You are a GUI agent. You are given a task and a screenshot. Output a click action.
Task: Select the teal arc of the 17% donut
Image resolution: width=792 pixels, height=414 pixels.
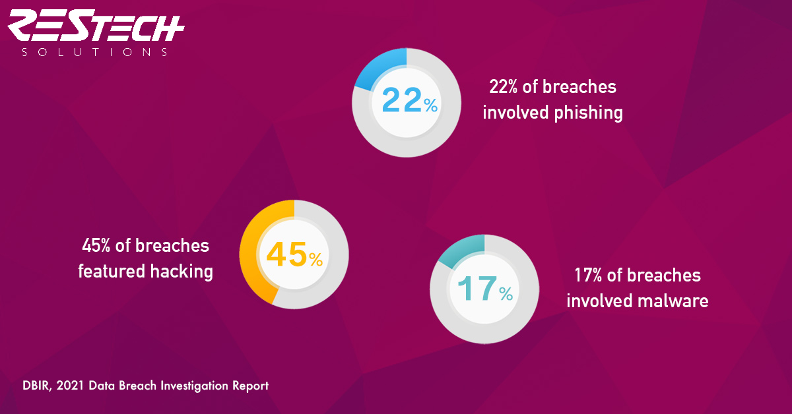459,249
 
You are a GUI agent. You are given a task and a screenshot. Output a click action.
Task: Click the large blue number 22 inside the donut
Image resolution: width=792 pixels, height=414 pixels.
402,100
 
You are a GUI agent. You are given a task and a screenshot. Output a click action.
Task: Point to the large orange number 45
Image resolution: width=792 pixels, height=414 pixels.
286,254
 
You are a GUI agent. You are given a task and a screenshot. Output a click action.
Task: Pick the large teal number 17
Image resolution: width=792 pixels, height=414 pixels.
477,288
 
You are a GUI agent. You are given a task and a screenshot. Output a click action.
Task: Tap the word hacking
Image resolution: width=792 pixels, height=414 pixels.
181,272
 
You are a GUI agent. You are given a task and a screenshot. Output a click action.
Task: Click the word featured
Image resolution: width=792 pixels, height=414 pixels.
112,272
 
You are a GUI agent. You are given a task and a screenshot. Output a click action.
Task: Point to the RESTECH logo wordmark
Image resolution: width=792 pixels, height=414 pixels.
96,25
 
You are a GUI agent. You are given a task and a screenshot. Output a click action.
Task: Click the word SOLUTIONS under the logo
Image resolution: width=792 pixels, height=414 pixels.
94,52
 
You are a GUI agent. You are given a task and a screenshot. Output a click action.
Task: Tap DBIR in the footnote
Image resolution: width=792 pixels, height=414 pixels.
37,386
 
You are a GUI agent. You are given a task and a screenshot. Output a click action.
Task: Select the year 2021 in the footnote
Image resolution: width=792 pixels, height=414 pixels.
70,386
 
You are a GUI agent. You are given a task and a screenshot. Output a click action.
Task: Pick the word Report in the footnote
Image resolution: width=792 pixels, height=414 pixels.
250,386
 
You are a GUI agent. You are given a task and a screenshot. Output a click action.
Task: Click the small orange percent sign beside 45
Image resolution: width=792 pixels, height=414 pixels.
315,259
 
